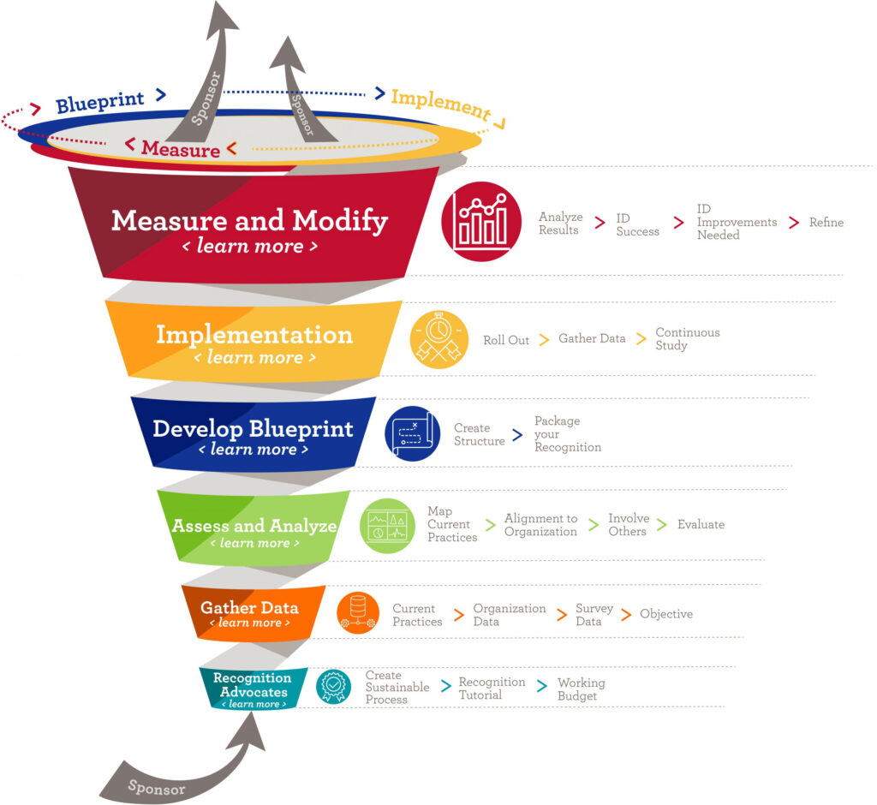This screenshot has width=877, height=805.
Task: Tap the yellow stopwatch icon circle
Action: [439, 339]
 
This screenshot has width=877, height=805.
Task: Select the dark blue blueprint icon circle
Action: [412, 433]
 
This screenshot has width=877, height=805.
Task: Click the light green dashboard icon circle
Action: [387, 525]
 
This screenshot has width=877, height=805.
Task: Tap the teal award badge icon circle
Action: [333, 687]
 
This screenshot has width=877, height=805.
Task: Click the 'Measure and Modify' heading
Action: [249, 221]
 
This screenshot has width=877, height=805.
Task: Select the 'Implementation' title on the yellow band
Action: [254, 334]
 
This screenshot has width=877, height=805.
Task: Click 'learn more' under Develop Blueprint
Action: [254, 449]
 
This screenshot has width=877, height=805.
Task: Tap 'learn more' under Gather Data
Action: [249, 623]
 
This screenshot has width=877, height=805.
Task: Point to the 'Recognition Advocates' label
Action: [253, 684]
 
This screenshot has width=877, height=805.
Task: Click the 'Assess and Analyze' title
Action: [254, 525]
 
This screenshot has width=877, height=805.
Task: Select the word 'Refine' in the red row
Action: [826, 223]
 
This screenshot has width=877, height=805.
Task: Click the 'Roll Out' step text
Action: [506, 340]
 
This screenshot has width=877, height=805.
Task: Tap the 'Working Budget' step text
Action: [581, 689]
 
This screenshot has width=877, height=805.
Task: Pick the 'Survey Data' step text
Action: [594, 614]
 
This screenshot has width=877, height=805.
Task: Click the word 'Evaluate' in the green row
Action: [701, 524]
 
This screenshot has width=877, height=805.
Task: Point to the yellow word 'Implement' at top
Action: [440, 104]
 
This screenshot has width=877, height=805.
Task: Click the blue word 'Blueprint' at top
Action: [99, 104]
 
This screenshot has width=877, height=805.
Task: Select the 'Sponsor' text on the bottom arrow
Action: [156, 785]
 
